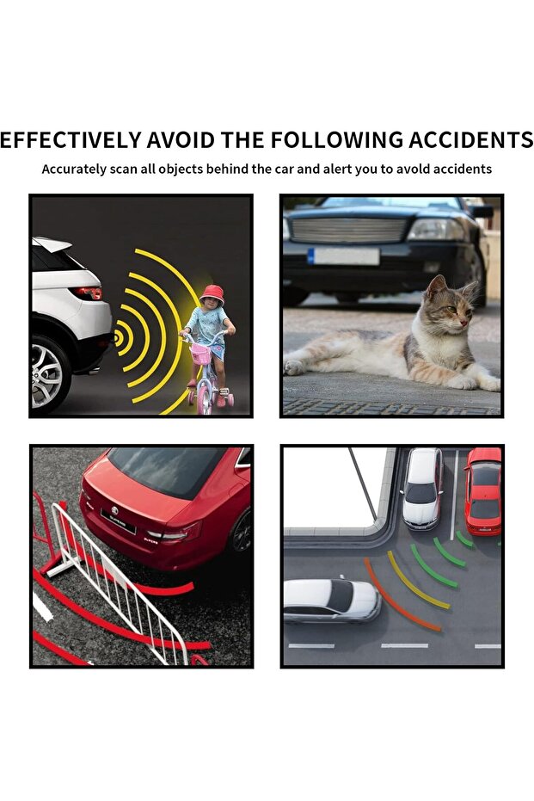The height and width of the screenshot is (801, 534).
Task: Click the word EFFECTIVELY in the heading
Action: pos(71,139)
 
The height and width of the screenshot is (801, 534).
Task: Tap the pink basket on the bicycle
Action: pos(200,354)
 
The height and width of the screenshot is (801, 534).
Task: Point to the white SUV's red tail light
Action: pos(89,293)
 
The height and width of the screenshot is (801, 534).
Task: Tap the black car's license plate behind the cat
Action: pos(344,256)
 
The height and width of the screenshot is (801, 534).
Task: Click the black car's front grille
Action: pos(348,229)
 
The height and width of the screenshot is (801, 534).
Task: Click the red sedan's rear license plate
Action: pos(119,521)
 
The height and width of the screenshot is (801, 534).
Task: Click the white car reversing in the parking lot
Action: pos(331,598)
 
